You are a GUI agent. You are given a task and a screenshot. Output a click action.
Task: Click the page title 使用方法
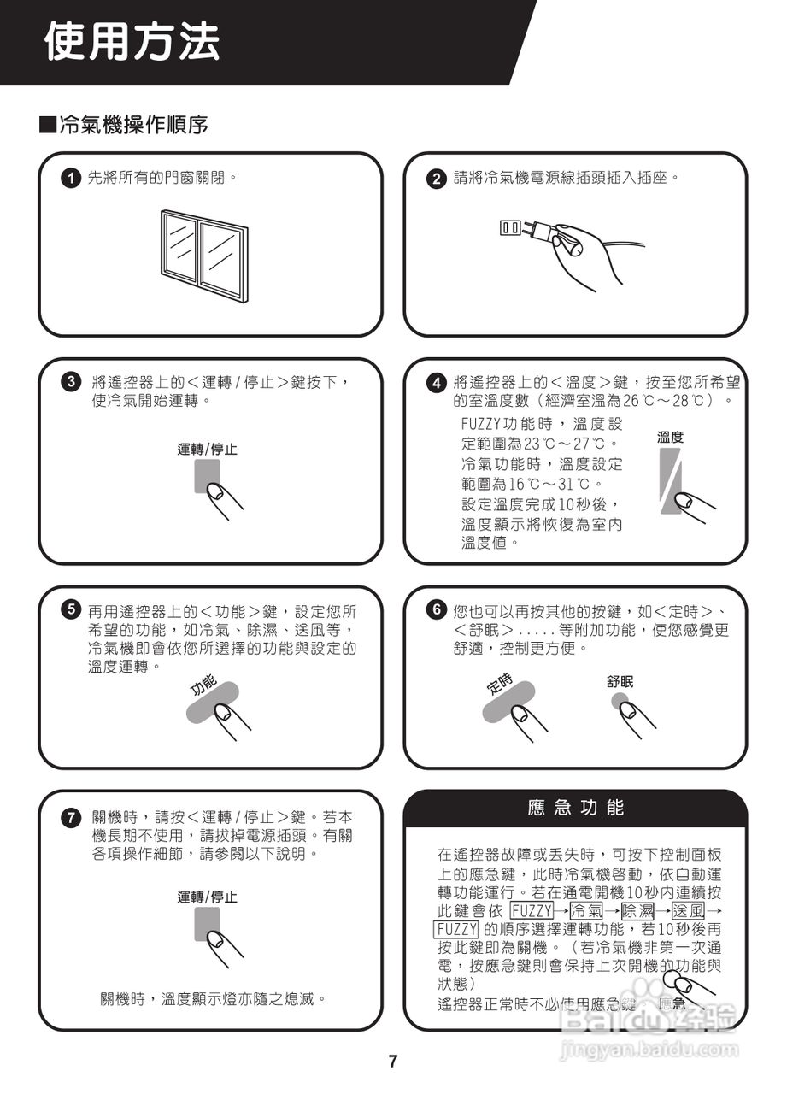pyautogui.click(x=132, y=42)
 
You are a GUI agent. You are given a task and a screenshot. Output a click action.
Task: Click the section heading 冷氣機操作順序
pyautogui.click(x=132, y=126)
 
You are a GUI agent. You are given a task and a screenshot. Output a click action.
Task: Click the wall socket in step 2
pyautogui.click(x=510, y=227)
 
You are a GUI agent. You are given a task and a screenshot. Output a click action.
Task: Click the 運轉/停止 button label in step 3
pyautogui.click(x=208, y=449)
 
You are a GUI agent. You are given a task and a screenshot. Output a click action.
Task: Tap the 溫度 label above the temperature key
pyautogui.click(x=670, y=438)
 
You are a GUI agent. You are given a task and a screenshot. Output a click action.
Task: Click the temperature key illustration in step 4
pyautogui.click(x=671, y=483)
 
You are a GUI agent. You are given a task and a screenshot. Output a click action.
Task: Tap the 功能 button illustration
pyautogui.click(x=214, y=705)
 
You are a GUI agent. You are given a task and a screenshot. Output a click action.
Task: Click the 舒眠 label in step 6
pyautogui.click(x=620, y=681)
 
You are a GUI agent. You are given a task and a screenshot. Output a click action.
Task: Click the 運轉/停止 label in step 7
pyautogui.click(x=208, y=897)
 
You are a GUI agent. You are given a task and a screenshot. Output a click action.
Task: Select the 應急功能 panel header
pyautogui.click(x=576, y=808)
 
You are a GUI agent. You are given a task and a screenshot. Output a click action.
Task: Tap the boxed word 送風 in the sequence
pyautogui.click(x=688, y=910)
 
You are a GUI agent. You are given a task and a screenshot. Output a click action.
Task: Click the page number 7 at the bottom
pyautogui.click(x=393, y=1062)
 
